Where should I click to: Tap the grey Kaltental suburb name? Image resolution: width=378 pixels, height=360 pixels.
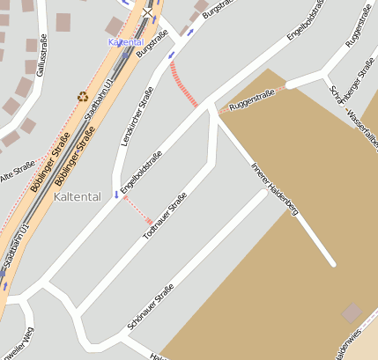point(77,196)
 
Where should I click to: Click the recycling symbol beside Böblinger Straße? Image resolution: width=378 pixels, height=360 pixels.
point(83,97)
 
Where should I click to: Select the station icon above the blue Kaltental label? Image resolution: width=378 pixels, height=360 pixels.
point(146,11)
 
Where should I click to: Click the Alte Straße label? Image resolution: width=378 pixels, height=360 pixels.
point(16,172)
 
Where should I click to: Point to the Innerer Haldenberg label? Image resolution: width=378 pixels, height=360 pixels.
point(275,188)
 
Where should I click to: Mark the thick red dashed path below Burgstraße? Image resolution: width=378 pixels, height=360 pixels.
point(183,84)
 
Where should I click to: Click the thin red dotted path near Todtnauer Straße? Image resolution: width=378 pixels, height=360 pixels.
point(137,210)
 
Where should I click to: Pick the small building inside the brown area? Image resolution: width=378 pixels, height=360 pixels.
point(352,312)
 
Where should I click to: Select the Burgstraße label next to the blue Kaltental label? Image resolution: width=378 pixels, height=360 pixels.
point(152,42)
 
